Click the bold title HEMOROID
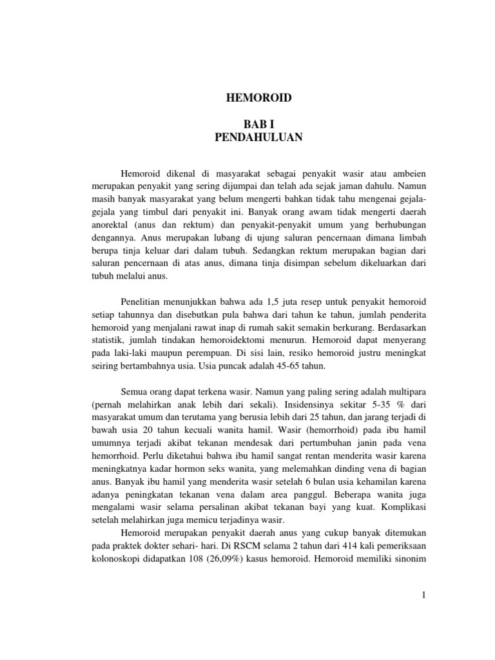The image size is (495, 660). tap(258, 98)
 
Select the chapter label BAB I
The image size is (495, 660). tap(258, 125)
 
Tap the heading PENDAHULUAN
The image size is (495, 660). tap(258, 137)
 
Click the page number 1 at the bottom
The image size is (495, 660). tap(424, 596)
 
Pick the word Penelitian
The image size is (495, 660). tap(143, 302)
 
